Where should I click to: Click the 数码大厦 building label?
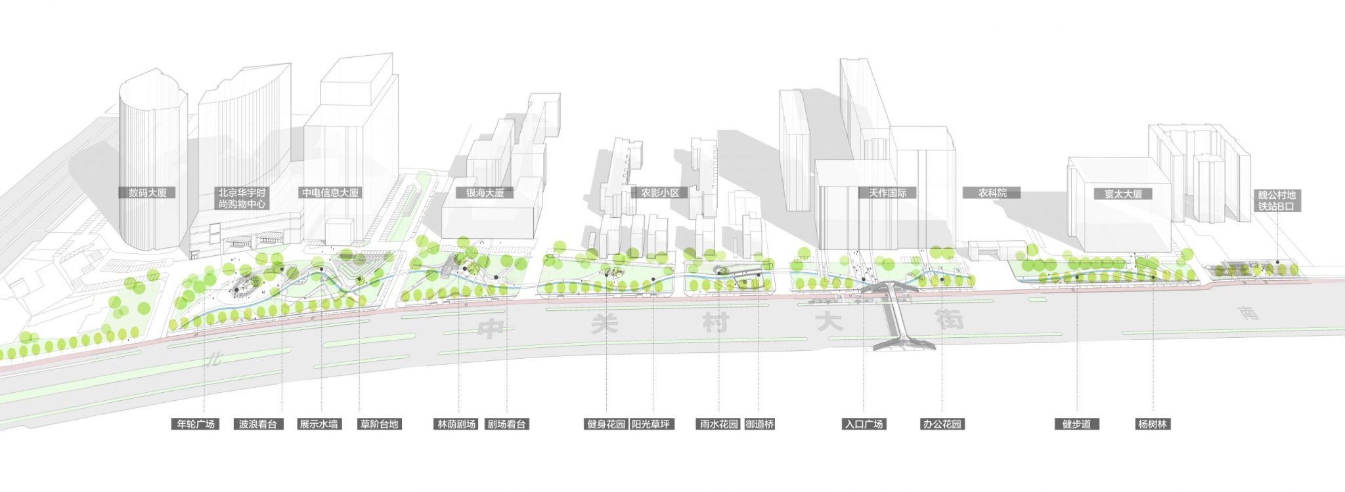coord(148,194)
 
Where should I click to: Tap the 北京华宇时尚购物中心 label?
coord(242,199)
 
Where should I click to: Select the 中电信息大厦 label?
coord(330,194)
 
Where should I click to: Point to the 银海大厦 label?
coord(485,194)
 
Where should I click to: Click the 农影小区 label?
coord(659,194)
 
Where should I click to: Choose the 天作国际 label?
coord(887,194)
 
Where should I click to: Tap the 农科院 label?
coord(992,194)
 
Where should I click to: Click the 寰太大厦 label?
coord(1123,194)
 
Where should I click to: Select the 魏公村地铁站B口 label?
coord(1277,200)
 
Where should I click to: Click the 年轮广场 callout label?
coord(196,424)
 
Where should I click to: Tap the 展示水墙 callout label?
coord(319,424)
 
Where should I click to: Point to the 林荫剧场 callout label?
coord(456,424)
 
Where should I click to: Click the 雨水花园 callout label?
coord(718,424)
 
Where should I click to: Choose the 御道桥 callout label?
coord(760,424)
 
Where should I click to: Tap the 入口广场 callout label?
coord(864,424)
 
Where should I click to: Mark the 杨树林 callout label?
coord(1153,424)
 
